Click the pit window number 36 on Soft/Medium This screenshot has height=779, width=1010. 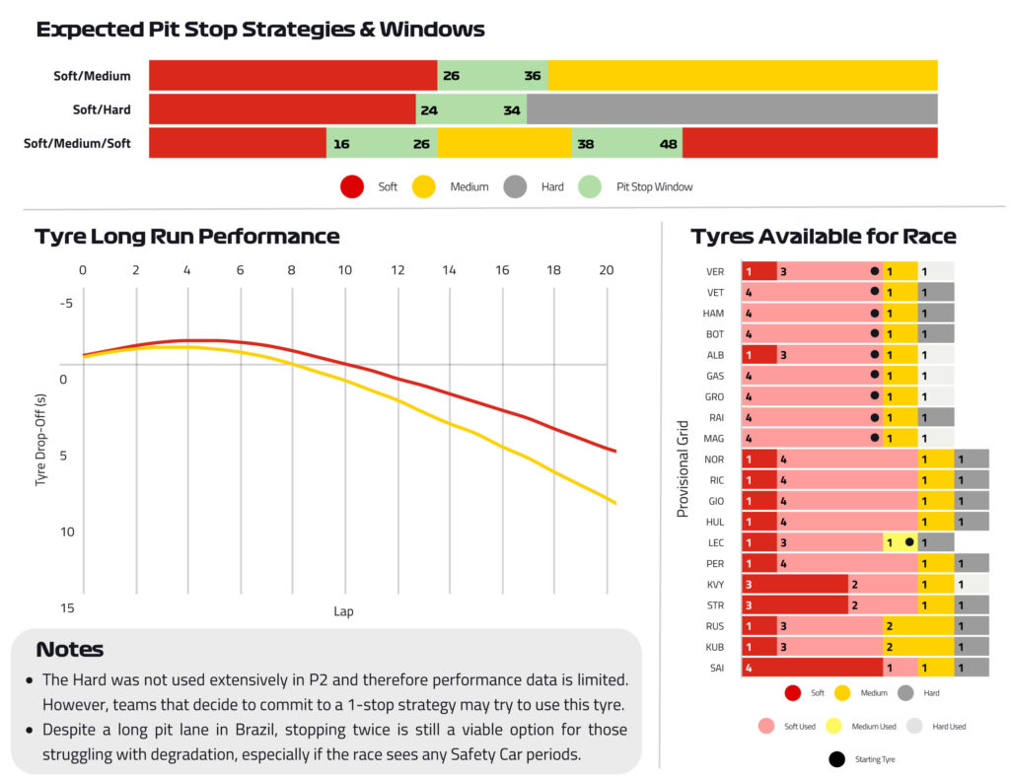[532, 76]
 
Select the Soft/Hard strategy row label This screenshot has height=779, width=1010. [102, 109]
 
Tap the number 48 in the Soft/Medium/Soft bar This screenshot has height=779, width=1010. [668, 144]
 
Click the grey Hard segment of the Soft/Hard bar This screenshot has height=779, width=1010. [732, 108]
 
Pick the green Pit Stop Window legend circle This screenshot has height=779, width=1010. [590, 186]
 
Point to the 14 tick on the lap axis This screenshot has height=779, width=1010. [449, 270]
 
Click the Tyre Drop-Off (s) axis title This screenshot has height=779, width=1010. [41, 440]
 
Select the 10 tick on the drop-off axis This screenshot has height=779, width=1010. [67, 531]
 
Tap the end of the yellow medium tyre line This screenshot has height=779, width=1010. [615, 503]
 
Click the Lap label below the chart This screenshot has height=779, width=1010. [343, 611]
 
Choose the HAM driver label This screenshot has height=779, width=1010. [713, 314]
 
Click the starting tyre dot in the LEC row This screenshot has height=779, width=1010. [908, 542]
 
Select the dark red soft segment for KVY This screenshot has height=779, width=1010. [795, 584]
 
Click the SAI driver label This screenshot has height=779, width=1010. [717, 669]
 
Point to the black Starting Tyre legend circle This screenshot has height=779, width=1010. [836, 759]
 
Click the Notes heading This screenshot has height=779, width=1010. [70, 649]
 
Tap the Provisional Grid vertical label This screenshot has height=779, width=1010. [683, 468]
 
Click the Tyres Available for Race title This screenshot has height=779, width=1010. [824, 237]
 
